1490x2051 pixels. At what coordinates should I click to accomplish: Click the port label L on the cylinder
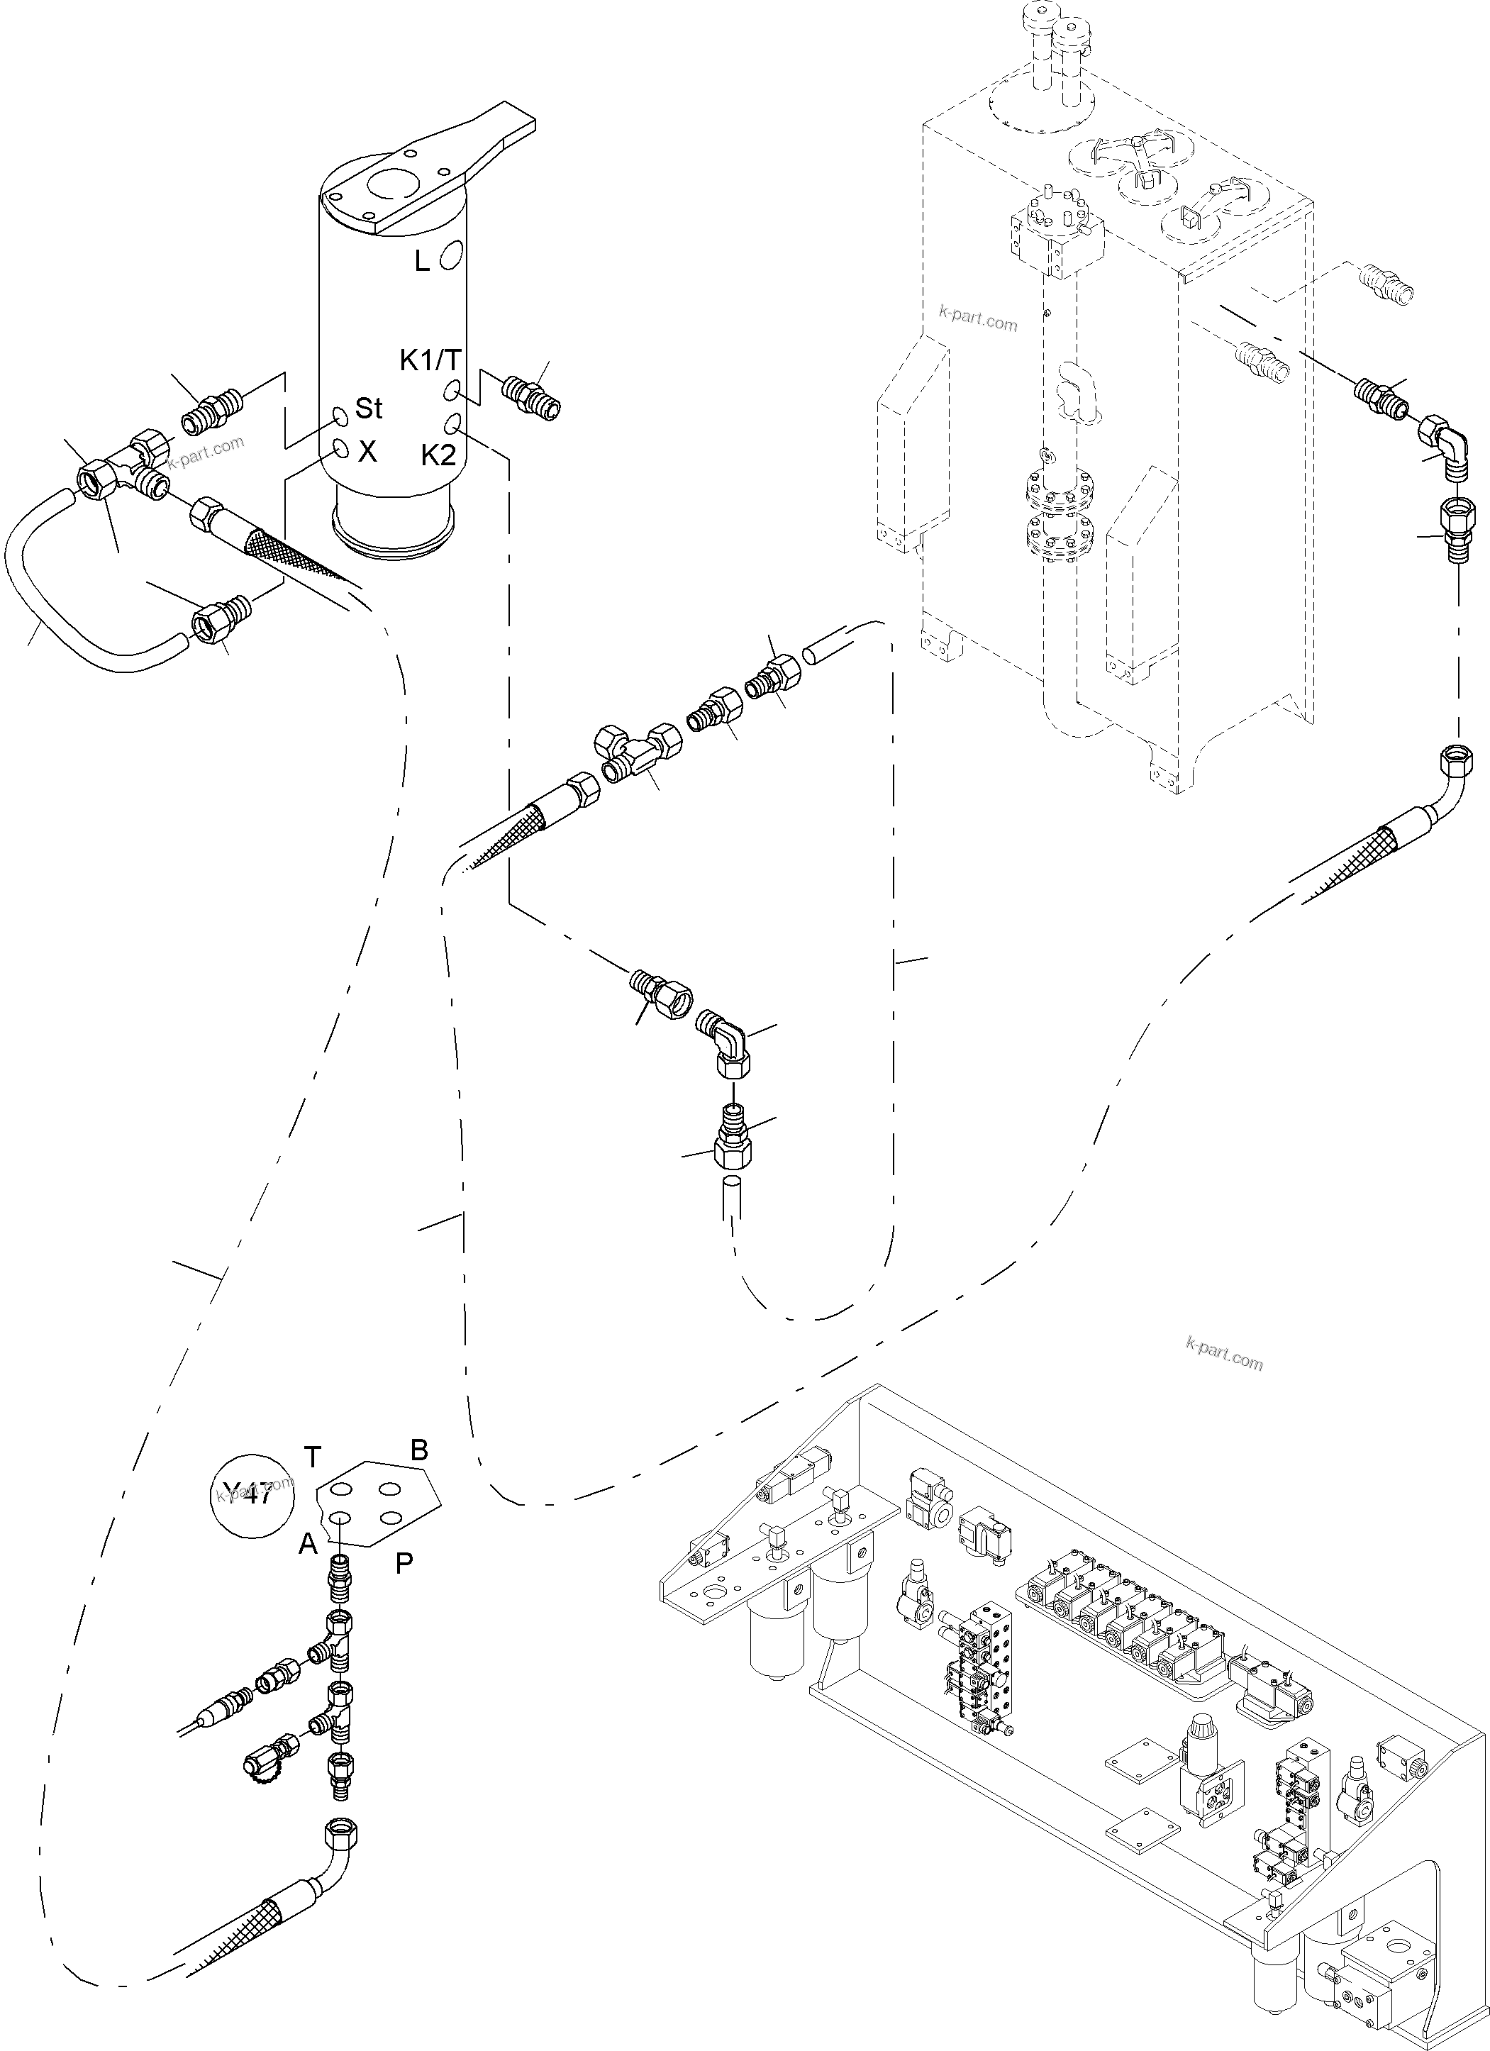click(422, 262)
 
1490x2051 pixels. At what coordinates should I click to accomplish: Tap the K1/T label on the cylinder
click(430, 361)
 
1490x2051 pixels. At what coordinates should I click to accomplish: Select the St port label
click(368, 408)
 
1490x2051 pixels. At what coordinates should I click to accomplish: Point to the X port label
click(367, 452)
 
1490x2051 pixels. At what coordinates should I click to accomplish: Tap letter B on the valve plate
click(420, 1450)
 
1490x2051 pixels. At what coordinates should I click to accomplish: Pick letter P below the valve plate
click(404, 1564)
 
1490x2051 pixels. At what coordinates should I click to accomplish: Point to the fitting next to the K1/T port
click(532, 395)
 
